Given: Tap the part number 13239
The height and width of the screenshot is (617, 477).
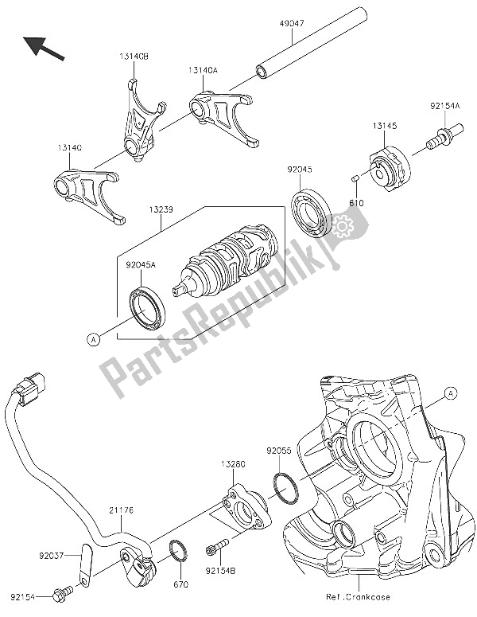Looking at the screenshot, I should coord(157,211).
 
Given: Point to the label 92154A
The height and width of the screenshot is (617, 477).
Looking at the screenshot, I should coord(445,105).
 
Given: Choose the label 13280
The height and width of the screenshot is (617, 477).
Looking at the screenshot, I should coord(234,463).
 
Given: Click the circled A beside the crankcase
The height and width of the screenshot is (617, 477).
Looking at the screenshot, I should coord(451,392).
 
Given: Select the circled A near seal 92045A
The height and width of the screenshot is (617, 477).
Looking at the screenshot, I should coord(93,340).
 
